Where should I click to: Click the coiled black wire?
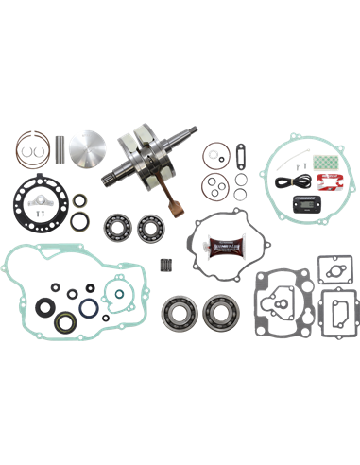coord(284,180)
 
